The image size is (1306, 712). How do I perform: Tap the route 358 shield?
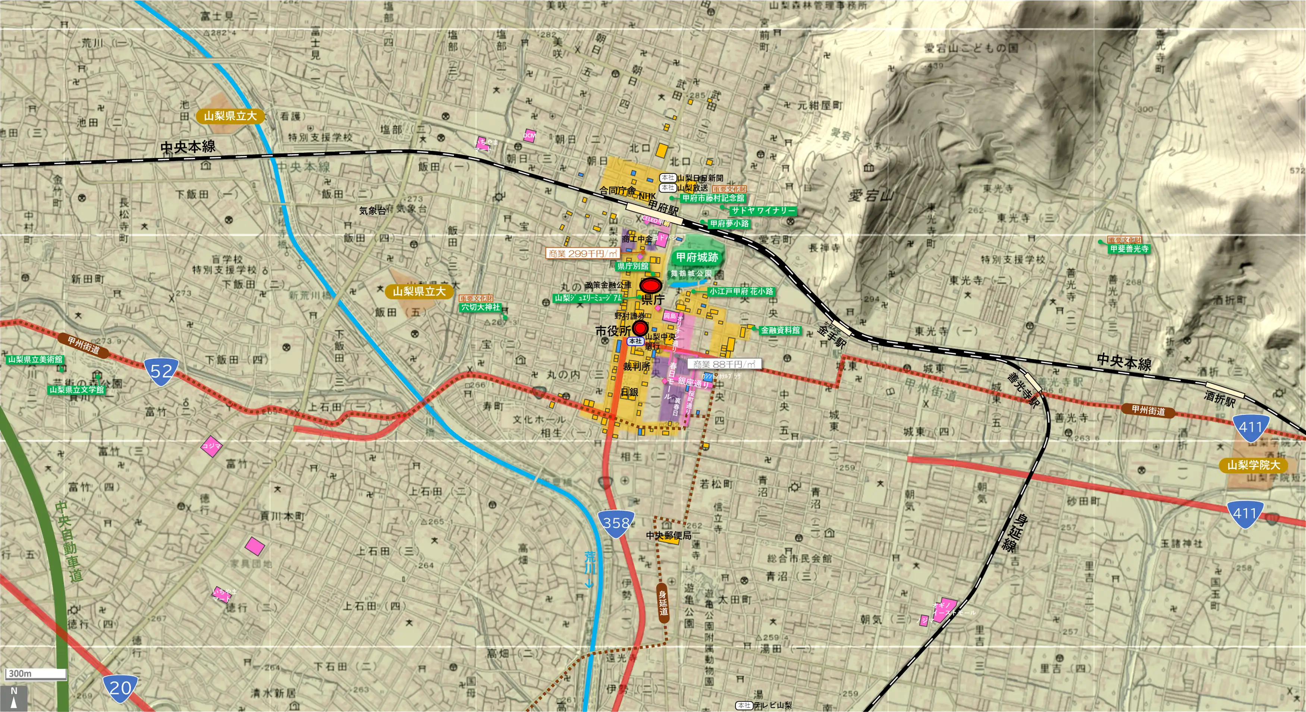tap(616, 522)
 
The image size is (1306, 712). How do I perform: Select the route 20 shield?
tap(120, 688)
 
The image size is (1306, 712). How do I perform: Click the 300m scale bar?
tap(35, 674)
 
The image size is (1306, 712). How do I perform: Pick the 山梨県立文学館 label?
tap(76, 389)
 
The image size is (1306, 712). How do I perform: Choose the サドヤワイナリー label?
tap(763, 210)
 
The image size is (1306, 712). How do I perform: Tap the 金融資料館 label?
tap(780, 330)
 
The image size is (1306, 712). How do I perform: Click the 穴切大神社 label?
tap(480, 307)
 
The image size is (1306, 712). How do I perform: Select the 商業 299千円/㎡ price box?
tap(583, 253)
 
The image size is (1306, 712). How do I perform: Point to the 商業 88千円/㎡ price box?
tap(724, 364)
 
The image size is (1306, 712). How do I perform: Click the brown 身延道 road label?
tap(663, 602)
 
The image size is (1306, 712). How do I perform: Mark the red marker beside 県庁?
tap(649, 286)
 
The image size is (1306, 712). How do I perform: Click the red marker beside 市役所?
tap(640, 327)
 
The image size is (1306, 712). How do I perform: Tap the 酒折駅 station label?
tap(1220, 399)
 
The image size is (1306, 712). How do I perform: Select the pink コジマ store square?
tap(211, 446)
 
